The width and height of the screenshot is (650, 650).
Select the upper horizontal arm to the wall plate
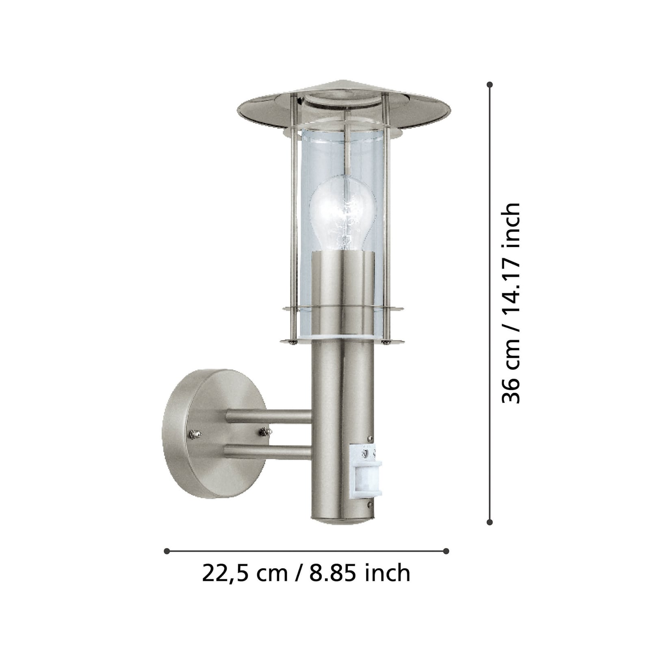pos(268,416)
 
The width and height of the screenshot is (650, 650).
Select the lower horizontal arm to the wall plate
pos(268,452)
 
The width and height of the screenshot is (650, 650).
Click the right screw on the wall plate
pos(264,431)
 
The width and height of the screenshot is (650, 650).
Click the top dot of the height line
pos(490,85)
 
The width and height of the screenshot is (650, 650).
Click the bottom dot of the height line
pos(490,522)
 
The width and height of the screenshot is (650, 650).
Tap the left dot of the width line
pos(167,551)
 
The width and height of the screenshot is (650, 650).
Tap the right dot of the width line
pos(446,551)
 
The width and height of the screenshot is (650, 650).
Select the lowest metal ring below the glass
pos(342,340)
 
